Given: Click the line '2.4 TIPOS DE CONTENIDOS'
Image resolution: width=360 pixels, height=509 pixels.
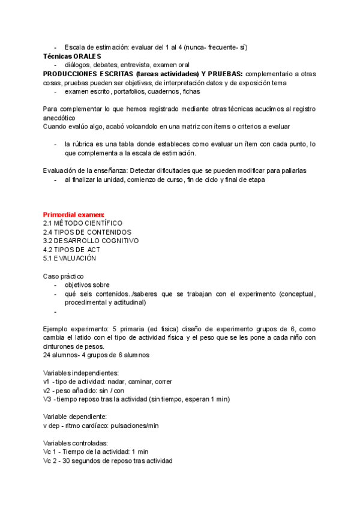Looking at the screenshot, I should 87,232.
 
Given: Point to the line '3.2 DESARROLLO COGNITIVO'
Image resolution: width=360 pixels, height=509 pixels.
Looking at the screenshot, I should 91,241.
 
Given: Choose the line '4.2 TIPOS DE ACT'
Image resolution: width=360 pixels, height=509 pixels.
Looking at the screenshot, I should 71,249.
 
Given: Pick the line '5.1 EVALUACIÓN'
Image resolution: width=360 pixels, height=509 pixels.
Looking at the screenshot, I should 70,258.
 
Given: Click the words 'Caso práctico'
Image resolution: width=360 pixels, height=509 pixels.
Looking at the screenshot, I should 63,276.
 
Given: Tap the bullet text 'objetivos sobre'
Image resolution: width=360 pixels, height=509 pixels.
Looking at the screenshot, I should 87,285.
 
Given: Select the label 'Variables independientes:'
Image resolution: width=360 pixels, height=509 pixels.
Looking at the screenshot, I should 81,373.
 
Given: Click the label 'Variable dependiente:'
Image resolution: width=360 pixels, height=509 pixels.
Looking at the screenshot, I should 76,417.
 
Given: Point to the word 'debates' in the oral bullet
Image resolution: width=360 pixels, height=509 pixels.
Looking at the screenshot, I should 104,65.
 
